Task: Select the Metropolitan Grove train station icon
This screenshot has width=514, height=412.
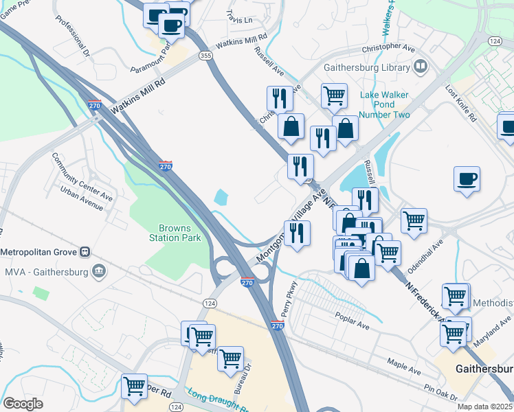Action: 85,251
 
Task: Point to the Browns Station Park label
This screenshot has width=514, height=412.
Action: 179,233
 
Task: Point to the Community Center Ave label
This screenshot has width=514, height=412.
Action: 82,171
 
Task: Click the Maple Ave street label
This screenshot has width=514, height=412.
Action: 403,365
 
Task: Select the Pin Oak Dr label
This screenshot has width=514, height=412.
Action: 440,391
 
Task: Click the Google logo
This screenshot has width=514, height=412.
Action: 23,404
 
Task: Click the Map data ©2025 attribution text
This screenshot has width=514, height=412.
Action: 484,407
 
